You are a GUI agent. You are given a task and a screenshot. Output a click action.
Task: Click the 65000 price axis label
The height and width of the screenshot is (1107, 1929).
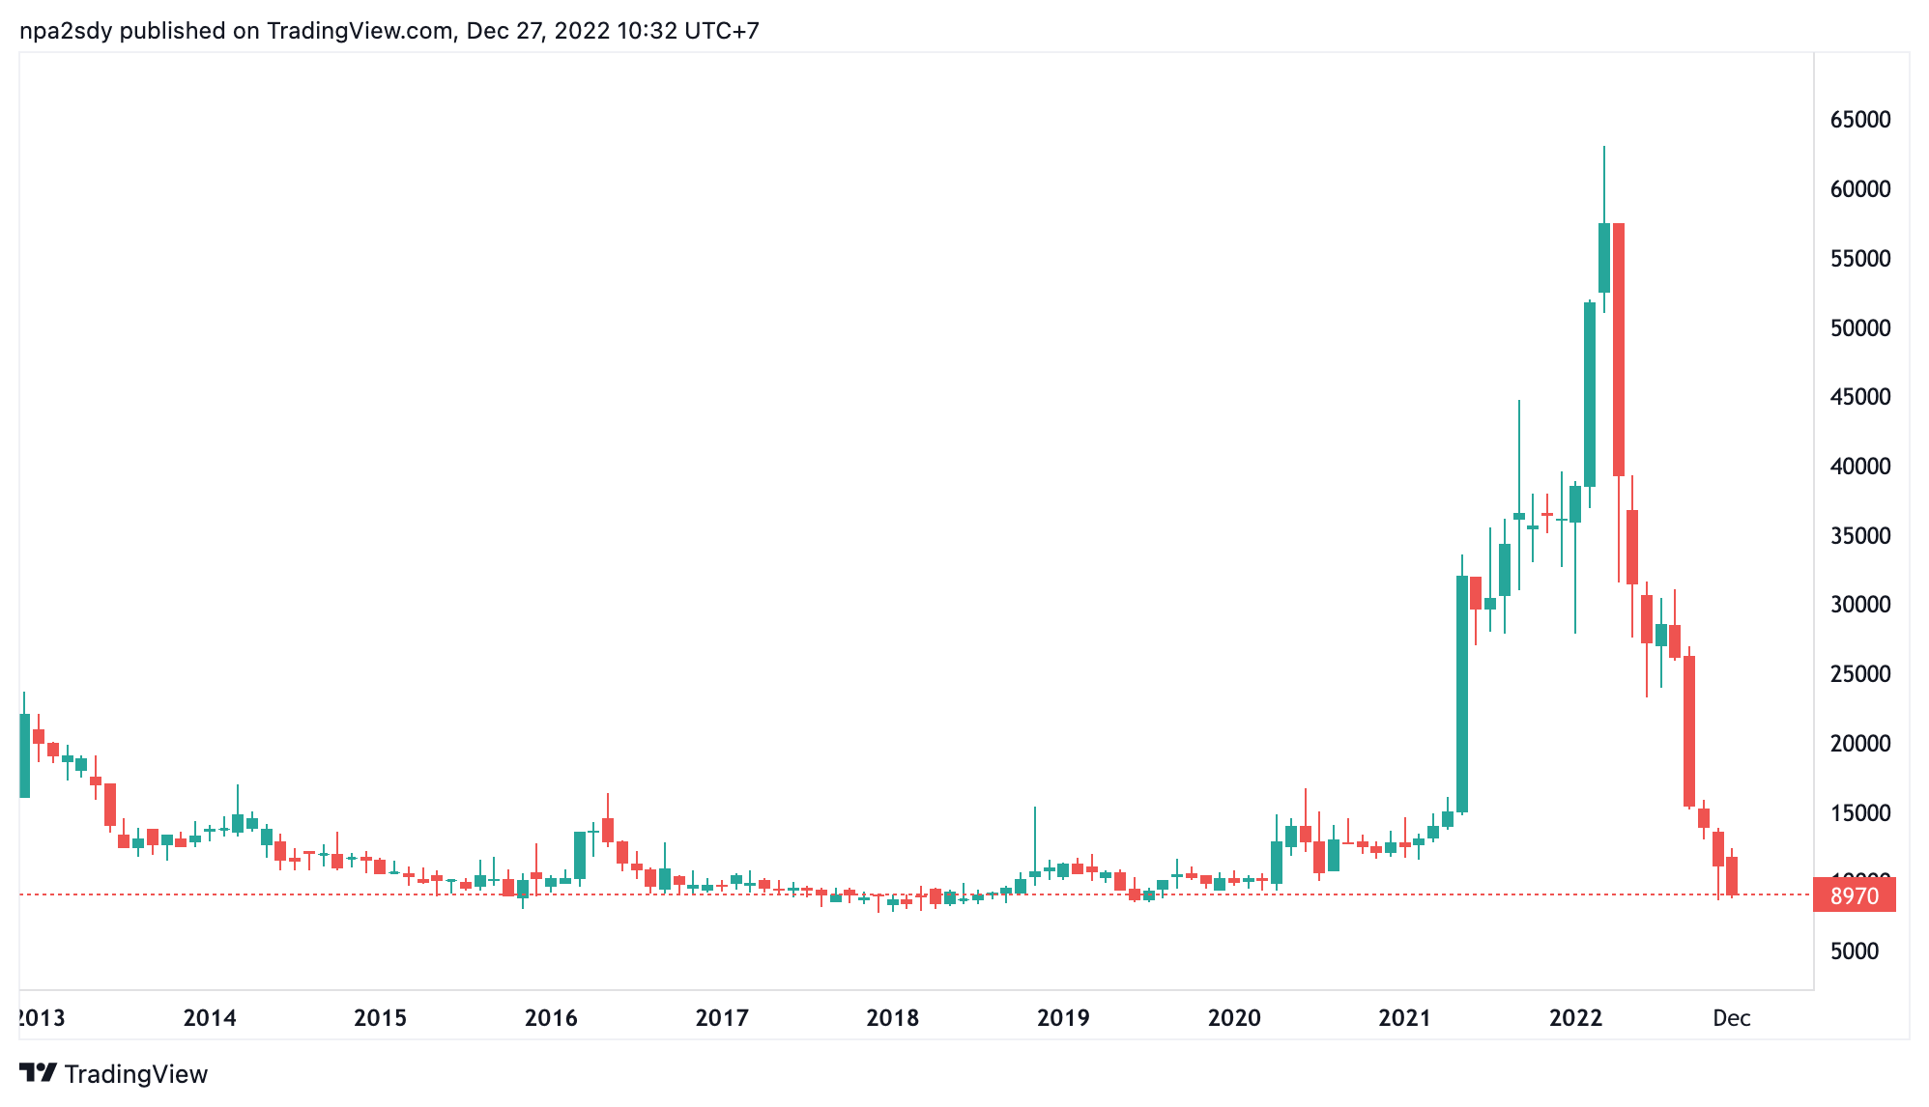(1859, 120)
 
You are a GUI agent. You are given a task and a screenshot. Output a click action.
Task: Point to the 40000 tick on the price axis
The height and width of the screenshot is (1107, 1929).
(1859, 467)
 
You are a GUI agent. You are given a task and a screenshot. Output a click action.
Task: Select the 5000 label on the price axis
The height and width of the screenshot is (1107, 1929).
(1854, 951)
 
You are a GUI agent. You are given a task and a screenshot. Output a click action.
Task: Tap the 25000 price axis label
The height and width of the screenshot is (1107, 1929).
(1859, 674)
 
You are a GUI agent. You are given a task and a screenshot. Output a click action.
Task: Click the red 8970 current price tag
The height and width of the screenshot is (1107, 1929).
(1854, 895)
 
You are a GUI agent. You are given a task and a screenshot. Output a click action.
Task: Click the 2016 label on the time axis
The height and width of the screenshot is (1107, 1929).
(551, 1017)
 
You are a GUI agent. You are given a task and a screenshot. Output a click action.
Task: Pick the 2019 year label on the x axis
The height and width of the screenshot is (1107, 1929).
(1063, 1017)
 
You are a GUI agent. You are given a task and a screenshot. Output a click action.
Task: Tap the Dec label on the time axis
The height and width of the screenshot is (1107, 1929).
(1731, 1017)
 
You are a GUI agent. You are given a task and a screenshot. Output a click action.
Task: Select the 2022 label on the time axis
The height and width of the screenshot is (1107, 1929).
(1575, 1017)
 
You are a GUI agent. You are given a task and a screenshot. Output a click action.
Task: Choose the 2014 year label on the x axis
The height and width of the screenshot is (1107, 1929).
(210, 1017)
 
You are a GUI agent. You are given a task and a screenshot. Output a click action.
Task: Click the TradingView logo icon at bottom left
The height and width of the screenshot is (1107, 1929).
(39, 1073)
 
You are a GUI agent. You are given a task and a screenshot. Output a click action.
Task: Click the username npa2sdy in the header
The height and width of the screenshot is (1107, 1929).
(67, 31)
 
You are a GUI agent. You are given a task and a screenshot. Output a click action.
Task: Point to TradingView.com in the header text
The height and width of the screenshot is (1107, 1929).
(360, 31)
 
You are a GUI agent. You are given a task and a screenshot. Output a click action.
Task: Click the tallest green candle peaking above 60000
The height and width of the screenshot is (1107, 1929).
(1604, 257)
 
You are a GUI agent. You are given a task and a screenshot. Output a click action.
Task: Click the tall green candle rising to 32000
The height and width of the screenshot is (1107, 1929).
(1462, 694)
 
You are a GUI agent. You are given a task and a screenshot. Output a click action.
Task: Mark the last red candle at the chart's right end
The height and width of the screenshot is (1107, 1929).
(1732, 875)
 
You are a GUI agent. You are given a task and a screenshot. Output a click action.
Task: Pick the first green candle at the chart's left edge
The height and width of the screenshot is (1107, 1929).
(24, 755)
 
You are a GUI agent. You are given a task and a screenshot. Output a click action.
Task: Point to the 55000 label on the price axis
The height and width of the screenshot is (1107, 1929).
(1859, 259)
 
